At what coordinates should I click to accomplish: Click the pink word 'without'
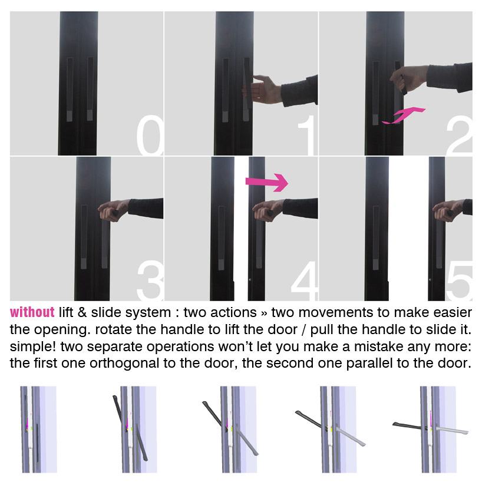point(32,312)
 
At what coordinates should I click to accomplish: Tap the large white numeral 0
point(150,136)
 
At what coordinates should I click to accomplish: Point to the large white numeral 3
point(150,280)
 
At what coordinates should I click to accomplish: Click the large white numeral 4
point(304,280)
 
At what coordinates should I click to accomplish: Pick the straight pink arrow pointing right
point(267,182)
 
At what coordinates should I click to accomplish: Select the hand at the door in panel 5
point(448,210)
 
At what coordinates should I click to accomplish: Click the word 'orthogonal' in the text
point(124,364)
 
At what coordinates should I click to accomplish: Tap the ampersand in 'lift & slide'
point(82,313)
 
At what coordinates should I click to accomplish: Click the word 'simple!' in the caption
point(33,346)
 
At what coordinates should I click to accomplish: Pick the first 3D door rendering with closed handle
point(39,429)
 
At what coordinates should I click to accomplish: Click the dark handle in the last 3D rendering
point(409,426)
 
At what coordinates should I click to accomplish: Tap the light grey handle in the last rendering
point(451,430)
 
